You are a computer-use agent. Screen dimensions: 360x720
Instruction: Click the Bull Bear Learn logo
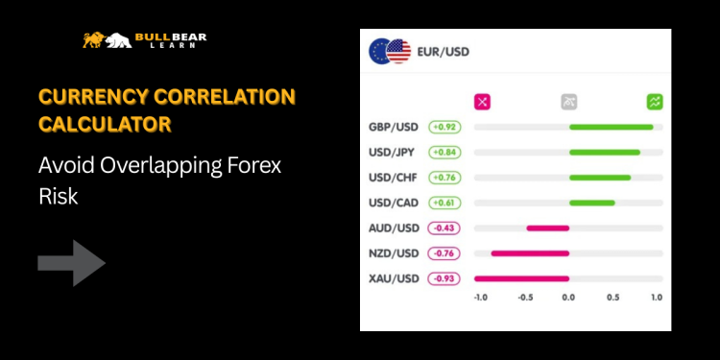coord(144,40)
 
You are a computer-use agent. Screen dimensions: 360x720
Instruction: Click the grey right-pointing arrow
coord(72,263)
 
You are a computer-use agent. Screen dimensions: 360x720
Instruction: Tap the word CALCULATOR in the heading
coord(106,124)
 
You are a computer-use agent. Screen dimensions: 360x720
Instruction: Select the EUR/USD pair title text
coord(443,51)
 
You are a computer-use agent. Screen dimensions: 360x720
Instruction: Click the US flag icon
coord(398,51)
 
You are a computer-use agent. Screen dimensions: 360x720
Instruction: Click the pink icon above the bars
coord(482,101)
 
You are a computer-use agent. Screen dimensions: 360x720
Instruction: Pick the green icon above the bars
coord(655,101)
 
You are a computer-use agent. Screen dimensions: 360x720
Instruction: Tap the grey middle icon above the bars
coord(568,101)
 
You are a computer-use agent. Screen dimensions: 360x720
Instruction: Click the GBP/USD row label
coord(394,127)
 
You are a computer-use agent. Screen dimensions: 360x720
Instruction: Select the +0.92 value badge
coord(444,127)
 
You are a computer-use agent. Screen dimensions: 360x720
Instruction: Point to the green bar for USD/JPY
coord(604,152)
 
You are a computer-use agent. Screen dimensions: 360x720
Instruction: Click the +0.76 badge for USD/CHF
coord(444,177)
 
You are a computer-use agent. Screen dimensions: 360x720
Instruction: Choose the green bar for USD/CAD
coord(591,203)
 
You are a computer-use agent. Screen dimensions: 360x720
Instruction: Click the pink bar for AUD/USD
coord(547,228)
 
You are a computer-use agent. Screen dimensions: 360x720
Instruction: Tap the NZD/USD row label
coord(394,252)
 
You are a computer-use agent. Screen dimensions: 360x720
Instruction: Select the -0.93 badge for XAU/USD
coord(444,278)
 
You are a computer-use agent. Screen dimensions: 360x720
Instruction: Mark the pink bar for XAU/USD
coord(522,278)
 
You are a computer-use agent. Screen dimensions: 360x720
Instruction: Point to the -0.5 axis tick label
coord(524,298)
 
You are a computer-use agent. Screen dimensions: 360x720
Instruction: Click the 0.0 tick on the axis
coord(568,298)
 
